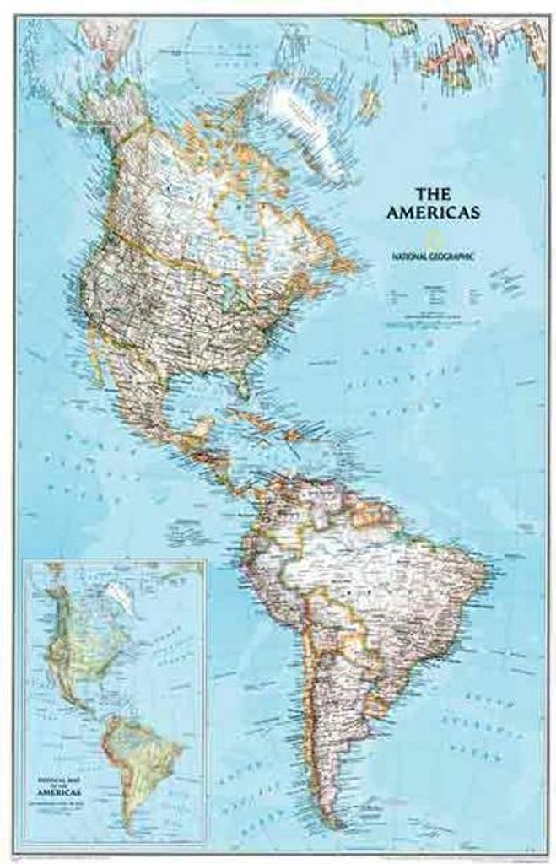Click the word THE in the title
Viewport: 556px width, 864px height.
(433, 193)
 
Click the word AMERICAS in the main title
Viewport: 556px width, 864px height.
(433, 213)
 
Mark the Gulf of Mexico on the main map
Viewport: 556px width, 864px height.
(202, 397)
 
